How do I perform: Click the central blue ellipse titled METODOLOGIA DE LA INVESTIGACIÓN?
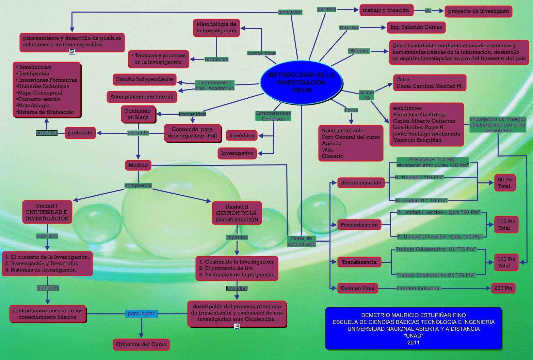pos(301,82)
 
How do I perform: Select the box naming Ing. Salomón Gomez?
pos(416,27)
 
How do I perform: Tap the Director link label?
pos(349,28)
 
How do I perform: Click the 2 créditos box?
pos(242,136)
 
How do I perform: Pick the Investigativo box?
pos(237,153)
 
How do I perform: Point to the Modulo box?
pos(138,165)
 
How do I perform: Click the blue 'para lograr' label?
pos(141,313)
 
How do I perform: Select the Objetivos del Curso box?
pos(141,344)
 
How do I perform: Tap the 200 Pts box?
pos(503,288)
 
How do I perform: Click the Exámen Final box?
pos(357,288)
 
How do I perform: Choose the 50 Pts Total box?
pos(505,183)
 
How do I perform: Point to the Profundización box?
pos(359,225)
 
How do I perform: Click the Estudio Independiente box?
pos(144,79)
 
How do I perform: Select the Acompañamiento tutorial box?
pos(142,97)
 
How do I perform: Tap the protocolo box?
pos(80,133)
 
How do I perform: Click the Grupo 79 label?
pos(367,95)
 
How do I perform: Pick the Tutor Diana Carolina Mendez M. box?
pos(430,83)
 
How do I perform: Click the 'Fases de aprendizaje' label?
pos(301,241)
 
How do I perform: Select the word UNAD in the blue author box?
pos(414,336)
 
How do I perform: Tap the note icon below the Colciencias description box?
pos(237,326)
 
